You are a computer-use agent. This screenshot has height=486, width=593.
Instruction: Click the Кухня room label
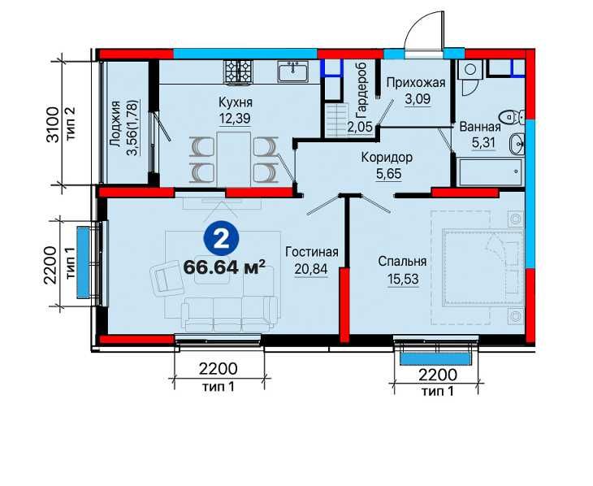236,102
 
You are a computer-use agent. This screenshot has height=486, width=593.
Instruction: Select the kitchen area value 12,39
235,119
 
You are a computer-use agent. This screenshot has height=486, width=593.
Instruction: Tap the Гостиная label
312,252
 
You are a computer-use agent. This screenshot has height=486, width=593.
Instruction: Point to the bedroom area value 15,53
403,279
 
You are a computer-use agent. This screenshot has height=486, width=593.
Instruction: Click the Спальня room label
402,261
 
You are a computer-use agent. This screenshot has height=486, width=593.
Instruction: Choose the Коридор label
387,158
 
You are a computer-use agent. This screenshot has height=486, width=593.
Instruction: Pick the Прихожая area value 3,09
418,99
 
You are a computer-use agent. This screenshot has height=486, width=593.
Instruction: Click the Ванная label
480,127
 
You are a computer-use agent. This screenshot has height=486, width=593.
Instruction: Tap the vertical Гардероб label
362,94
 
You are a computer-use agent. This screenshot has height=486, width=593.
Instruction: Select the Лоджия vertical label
115,124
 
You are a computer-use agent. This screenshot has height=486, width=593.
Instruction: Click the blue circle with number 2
221,240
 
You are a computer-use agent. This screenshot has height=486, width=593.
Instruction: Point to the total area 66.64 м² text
224,267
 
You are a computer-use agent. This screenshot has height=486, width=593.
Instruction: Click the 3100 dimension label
53,124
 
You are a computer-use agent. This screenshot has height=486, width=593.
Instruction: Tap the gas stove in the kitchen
237,71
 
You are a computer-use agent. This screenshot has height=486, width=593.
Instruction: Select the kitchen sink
293,72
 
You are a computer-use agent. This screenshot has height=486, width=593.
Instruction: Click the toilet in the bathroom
513,117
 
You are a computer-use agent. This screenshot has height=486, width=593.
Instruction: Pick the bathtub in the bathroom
489,172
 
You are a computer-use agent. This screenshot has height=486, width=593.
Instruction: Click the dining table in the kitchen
234,159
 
